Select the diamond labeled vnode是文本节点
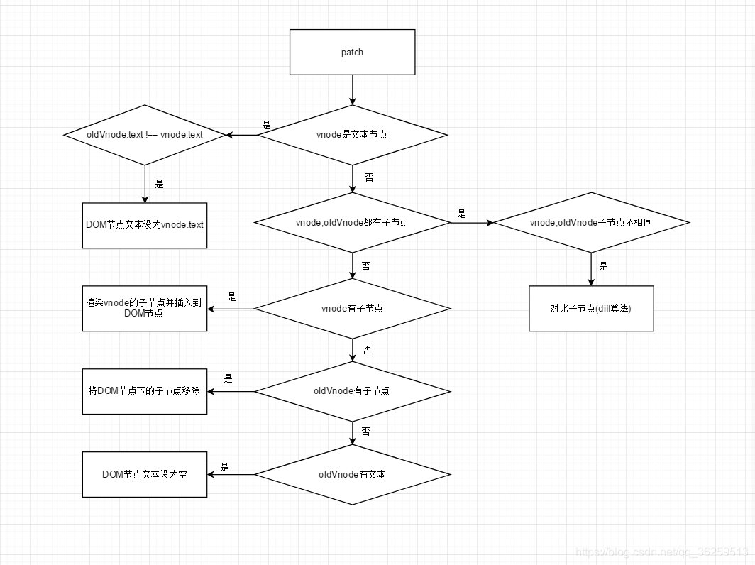pyautogui.click(x=353, y=135)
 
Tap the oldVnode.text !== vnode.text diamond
pyautogui.click(x=145, y=135)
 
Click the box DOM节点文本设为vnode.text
pyautogui.click(x=145, y=224)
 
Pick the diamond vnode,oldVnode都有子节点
pyautogui.click(x=353, y=222)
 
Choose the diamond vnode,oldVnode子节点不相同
pyautogui.click(x=591, y=222)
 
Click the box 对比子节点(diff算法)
pyautogui.click(x=591, y=308)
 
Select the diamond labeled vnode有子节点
pyautogui.click(x=353, y=308)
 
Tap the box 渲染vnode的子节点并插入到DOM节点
pyautogui.click(x=145, y=308)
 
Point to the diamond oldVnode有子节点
pyautogui.click(x=353, y=391)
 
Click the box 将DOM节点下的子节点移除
pyautogui.click(x=145, y=391)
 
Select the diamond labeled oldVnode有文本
pyautogui.click(x=353, y=474)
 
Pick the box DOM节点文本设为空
pyautogui.click(x=145, y=474)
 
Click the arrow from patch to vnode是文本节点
pyautogui.click(x=353, y=89)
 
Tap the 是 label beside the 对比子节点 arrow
pyautogui.click(x=604, y=267)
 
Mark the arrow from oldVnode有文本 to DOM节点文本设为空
pyautogui.click(x=231, y=474)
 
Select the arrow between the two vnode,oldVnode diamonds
pyautogui.click(x=472, y=222)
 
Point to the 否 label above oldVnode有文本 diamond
pyautogui.click(x=365, y=431)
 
